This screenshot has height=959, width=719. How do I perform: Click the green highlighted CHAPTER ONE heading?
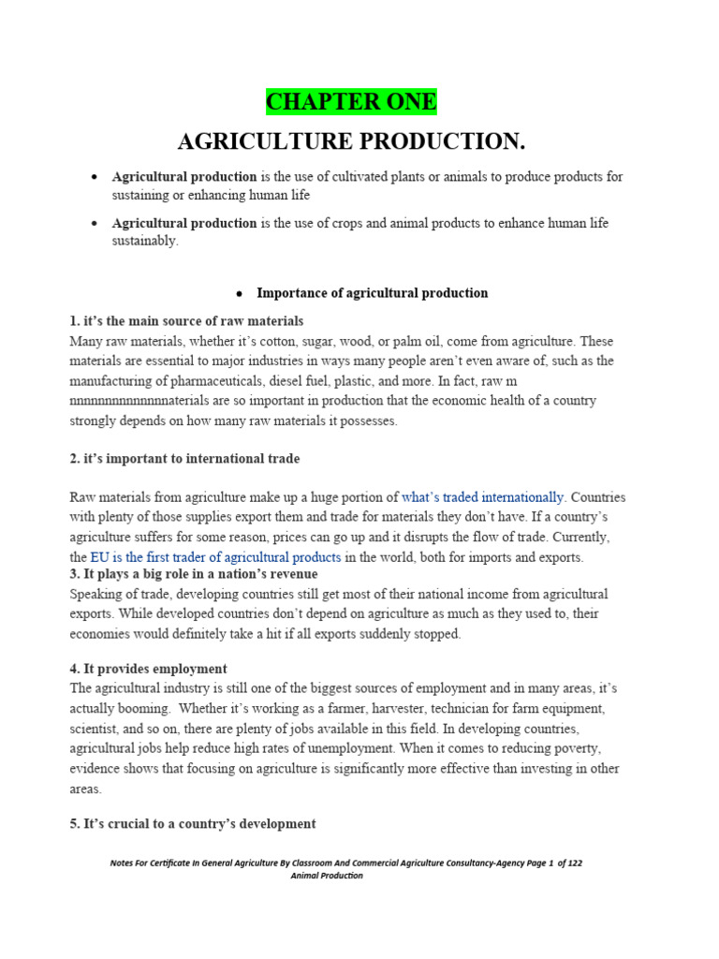tap(351, 101)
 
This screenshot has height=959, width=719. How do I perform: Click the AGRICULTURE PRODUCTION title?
tap(351, 142)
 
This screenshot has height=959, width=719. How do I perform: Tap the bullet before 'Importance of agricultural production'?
tap(240, 294)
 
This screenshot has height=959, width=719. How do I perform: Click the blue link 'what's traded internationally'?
tap(483, 497)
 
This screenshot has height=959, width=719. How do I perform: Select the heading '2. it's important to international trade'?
tap(184, 459)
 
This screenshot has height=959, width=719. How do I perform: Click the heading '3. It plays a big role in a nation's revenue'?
tap(194, 573)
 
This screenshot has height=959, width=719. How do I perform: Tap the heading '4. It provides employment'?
tap(148, 669)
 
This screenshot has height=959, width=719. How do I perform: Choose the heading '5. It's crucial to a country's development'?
tap(192, 824)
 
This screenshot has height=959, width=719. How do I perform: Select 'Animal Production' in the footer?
tap(327, 876)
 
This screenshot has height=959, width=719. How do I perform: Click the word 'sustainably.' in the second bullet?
tap(145, 241)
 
